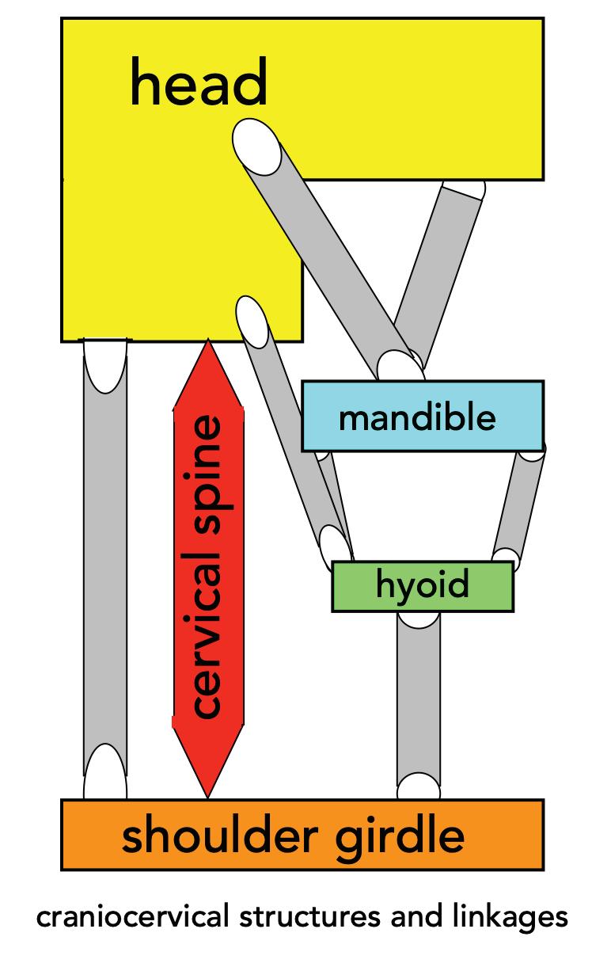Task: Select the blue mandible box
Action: point(422,416)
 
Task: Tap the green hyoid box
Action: point(422,586)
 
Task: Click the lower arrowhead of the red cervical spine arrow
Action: point(207,764)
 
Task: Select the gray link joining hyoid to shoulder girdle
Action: point(418,697)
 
